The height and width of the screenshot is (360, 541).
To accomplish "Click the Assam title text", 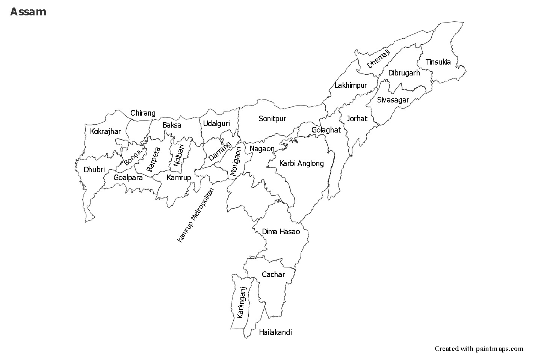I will (28, 12).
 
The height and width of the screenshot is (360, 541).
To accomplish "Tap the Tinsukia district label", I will (438, 62).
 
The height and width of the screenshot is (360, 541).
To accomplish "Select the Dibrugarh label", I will (404, 73).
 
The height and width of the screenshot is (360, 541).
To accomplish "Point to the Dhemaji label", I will (379, 59).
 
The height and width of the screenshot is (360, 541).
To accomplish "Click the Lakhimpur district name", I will (351, 86).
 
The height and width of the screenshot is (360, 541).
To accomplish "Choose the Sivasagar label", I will (393, 100).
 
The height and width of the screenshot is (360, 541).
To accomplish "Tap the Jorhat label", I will (357, 119).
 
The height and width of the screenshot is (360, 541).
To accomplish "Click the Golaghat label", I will (326, 130).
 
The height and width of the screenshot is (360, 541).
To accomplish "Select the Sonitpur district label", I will (272, 119).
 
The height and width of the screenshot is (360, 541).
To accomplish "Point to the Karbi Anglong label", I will (301, 163).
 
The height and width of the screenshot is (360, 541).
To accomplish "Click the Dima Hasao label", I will (281, 232).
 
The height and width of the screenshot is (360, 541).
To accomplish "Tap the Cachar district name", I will (274, 274).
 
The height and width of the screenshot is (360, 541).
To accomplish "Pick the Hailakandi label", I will (275, 332).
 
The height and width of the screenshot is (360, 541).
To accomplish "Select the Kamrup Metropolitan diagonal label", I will (195, 215).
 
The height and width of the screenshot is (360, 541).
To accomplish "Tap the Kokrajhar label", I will (106, 131).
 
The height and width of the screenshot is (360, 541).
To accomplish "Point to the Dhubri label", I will (94, 170).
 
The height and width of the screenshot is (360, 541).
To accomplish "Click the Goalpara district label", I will (128, 178).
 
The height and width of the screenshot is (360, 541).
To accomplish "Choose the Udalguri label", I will (216, 124).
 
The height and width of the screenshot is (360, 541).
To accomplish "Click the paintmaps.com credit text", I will (479, 348).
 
